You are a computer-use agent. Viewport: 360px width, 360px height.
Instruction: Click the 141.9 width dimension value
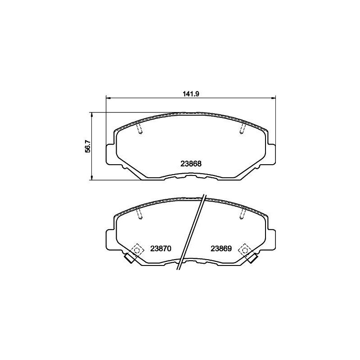point(191,94)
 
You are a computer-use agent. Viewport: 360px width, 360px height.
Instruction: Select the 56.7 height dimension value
point(88,146)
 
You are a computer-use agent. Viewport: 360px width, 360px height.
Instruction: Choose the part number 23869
point(220,249)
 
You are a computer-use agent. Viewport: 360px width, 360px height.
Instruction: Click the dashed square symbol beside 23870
point(136,249)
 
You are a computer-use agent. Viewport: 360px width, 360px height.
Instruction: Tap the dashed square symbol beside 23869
point(246,249)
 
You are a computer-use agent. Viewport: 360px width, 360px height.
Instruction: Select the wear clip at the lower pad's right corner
point(252,258)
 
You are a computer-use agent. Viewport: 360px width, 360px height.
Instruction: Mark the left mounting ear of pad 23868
point(110,153)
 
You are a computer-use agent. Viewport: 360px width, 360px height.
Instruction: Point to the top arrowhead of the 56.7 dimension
point(92,114)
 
